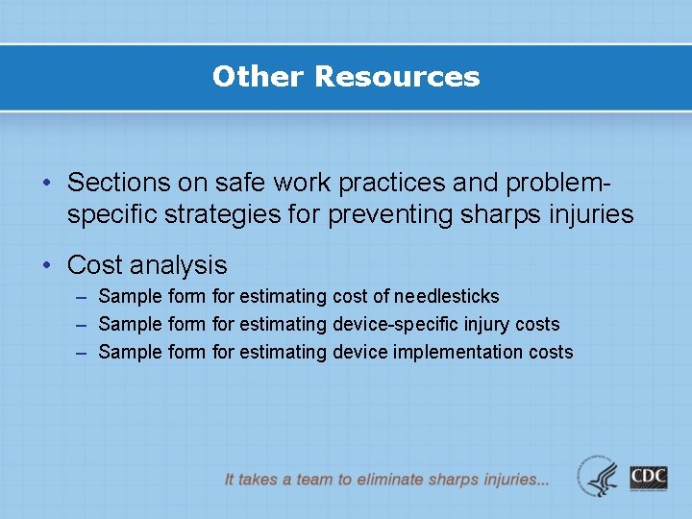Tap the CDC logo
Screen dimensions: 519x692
649,477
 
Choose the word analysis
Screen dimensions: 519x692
180,264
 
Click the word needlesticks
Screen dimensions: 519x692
446,296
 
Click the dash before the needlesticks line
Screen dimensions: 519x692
82,297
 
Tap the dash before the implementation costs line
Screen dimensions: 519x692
82,353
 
